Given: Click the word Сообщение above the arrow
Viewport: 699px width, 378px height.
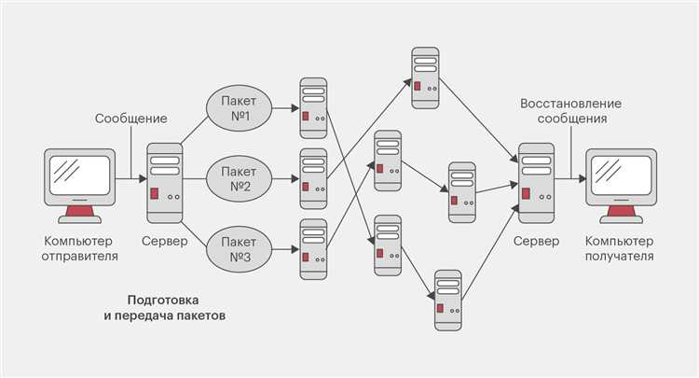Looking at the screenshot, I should point(130,119).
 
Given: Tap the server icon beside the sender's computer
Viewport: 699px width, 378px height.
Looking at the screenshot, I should point(164,181).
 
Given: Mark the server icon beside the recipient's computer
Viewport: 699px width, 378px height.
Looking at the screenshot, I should point(535,181).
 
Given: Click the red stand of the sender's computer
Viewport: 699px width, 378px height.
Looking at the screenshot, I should point(79,217).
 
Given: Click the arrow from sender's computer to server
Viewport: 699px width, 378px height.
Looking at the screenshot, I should point(130,177).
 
